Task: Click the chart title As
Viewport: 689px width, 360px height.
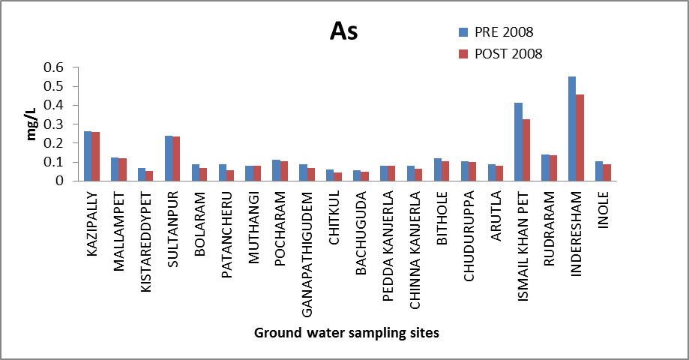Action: pyautogui.click(x=344, y=32)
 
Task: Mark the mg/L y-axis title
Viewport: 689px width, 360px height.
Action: pyautogui.click(x=32, y=124)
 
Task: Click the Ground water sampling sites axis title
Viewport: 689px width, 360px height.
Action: pyautogui.click(x=346, y=333)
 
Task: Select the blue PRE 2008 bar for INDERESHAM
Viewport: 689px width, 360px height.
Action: pyautogui.click(x=572, y=128)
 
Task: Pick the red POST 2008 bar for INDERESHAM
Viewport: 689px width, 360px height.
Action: pyautogui.click(x=580, y=137)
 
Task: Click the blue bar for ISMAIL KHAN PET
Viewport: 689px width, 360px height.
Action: pyautogui.click(x=518, y=142)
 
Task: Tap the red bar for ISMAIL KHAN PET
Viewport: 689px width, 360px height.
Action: pyautogui.click(x=526, y=150)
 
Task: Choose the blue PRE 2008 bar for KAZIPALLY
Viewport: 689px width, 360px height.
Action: pyautogui.click(x=88, y=156)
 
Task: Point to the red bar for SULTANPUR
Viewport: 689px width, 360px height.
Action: pyautogui.click(x=176, y=158)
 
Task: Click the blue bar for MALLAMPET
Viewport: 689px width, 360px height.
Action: pyautogui.click(x=115, y=169)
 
